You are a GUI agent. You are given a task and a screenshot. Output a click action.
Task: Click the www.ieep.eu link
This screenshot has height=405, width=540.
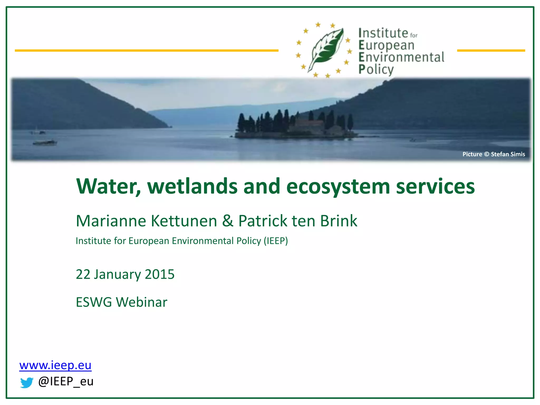pos(55,365)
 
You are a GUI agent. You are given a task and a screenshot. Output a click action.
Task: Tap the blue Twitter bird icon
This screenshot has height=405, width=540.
pos(27,382)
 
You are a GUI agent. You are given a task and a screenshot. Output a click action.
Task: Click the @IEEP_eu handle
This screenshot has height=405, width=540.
pos(66,382)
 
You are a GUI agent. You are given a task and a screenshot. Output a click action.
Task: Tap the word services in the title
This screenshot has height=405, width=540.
pos(435,186)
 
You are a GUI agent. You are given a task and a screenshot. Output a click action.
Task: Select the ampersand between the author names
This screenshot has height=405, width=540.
pos(228,221)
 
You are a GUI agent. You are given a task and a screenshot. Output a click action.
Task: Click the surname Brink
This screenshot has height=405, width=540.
pos(339,221)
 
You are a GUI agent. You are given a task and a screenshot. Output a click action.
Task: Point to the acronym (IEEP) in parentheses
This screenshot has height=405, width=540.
pos(276,241)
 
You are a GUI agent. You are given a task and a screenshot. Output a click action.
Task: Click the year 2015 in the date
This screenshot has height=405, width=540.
pos(160,274)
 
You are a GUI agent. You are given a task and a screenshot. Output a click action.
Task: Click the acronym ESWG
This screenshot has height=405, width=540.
pos(94,302)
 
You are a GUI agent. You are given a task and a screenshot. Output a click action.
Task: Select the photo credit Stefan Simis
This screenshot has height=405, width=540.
pos(508,154)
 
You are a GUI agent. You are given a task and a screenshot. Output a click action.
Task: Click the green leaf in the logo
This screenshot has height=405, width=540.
pos(326,49)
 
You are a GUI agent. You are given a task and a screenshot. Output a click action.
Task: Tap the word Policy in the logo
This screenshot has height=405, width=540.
pos(376,70)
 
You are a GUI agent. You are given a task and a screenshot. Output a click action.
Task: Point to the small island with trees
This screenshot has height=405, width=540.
pos(294,125)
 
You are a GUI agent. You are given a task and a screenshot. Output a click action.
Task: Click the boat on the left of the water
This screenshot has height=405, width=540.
pos(45,143)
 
